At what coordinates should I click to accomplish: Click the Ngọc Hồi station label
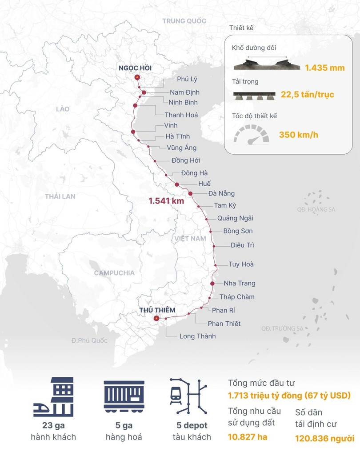[x=135, y=68]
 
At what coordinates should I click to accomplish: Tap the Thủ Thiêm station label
[x=157, y=310]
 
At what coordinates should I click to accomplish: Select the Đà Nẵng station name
[x=221, y=194]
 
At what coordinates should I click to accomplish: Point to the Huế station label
[x=205, y=184]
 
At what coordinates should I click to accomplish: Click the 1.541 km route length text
[x=166, y=201]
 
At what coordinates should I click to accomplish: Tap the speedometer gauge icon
[x=252, y=134]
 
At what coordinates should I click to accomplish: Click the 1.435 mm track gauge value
[x=319, y=68]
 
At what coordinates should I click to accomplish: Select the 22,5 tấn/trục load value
[x=307, y=95]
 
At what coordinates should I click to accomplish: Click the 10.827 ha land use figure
[x=248, y=436]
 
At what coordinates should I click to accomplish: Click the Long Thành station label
[x=197, y=336]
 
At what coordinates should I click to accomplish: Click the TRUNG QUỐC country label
[x=184, y=21]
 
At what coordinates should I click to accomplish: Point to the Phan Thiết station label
[x=224, y=324]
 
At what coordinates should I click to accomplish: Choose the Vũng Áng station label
[x=181, y=148]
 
